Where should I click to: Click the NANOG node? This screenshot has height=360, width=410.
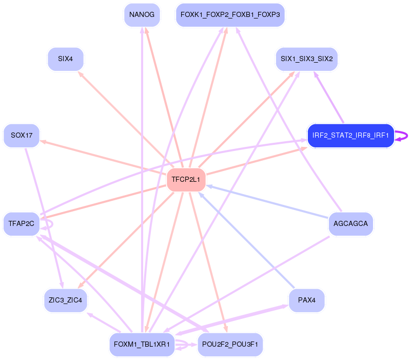(x=142, y=15)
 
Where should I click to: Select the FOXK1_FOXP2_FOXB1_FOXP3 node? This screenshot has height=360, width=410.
(x=230, y=15)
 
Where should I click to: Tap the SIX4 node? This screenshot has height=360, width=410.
(x=65, y=59)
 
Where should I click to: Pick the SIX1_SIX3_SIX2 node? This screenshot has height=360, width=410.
(x=306, y=59)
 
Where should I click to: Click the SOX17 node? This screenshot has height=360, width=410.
(x=22, y=136)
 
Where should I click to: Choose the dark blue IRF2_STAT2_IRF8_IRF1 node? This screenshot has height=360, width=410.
(x=350, y=136)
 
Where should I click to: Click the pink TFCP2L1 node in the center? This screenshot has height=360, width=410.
(x=186, y=180)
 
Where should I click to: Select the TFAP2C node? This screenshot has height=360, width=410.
(x=22, y=223)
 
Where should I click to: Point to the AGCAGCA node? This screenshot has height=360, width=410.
(x=350, y=223)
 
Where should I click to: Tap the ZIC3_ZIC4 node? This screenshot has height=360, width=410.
(x=65, y=300)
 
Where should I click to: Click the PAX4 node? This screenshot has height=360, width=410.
(x=306, y=300)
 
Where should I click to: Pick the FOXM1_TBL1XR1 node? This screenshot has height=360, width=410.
(x=142, y=344)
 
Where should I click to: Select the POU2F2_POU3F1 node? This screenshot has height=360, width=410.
(x=230, y=344)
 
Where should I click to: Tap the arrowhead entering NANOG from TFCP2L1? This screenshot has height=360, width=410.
(x=147, y=30)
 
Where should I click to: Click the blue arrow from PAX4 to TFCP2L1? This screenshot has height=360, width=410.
(x=246, y=239)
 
